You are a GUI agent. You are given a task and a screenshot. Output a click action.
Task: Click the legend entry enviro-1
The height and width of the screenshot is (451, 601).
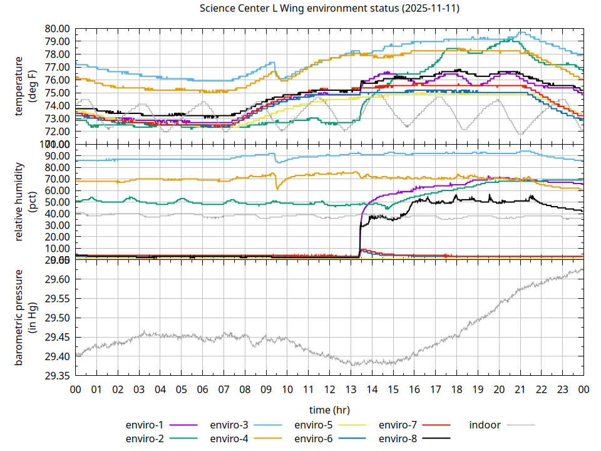click(x=145, y=425)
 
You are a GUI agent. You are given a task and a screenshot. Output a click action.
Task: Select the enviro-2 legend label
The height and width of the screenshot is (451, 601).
click(x=145, y=438)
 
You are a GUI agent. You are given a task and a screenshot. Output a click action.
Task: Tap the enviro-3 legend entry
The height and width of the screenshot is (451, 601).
click(x=229, y=425)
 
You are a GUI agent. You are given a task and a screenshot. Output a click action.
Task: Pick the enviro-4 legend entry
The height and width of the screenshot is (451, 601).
click(x=229, y=438)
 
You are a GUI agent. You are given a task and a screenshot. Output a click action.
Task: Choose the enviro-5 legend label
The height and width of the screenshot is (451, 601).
click(x=314, y=425)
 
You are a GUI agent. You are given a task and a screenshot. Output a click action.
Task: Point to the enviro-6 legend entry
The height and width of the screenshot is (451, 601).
click(x=314, y=438)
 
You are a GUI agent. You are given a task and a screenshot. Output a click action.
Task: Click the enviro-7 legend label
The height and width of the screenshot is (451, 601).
click(x=398, y=425)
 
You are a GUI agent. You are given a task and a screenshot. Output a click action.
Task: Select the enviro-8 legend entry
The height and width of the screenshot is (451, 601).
click(x=398, y=438)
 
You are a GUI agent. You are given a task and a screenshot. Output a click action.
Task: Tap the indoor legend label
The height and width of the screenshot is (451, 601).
click(x=485, y=425)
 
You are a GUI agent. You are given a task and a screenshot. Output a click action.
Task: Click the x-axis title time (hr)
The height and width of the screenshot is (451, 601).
click(x=329, y=410)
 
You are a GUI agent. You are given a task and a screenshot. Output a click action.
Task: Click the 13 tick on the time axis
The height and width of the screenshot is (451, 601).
click(x=351, y=389)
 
